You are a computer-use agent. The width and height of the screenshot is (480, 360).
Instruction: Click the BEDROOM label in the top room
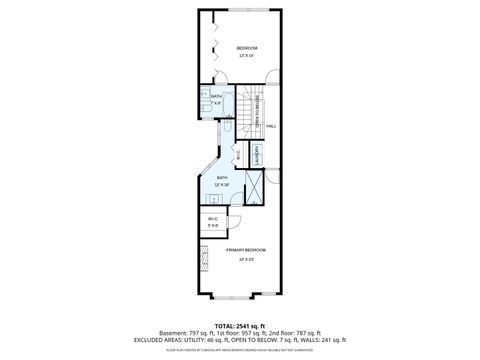[x=246, y=48]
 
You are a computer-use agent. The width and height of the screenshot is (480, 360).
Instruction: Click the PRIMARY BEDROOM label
[x=246, y=249]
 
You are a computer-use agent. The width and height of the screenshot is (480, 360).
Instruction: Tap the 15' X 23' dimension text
[x=246, y=259]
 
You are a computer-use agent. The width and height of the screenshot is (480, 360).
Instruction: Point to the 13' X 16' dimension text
[x=246, y=56]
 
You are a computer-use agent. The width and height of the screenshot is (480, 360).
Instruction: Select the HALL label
[x=271, y=126]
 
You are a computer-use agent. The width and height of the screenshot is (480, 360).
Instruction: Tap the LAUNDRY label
[x=256, y=157]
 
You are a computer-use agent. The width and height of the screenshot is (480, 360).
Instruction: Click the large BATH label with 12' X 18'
[x=222, y=178]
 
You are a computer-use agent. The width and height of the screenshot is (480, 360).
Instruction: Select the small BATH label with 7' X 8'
[x=216, y=97]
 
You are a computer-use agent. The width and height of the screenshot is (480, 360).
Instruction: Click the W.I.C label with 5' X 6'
[x=213, y=221]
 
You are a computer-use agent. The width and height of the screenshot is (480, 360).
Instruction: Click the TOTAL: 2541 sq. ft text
[x=240, y=324]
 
